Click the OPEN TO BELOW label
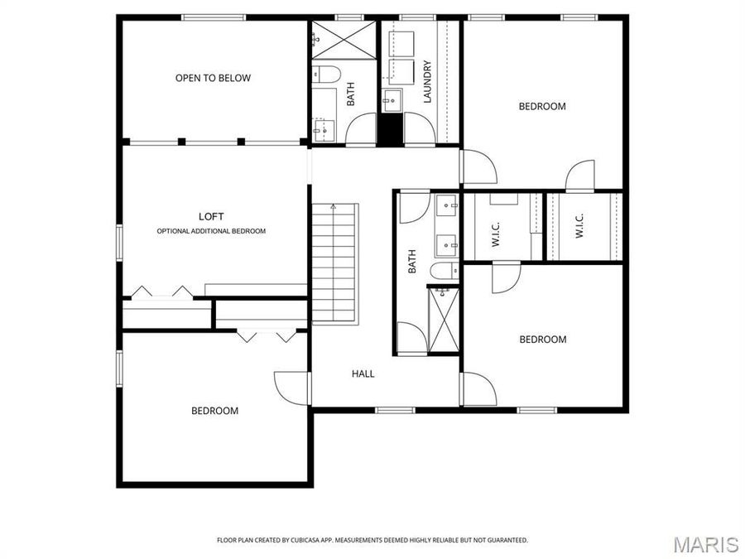[x=213, y=78]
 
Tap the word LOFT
[x=211, y=216]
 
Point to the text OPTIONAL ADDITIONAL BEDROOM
[x=211, y=231]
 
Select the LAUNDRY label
[x=428, y=82]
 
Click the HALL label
[x=363, y=373]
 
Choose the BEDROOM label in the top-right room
[x=542, y=106]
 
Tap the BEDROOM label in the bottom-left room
[x=214, y=411]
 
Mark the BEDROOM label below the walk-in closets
[x=542, y=340]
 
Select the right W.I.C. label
[x=579, y=227]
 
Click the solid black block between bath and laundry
[x=388, y=129]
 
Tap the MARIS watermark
[x=705, y=544]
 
